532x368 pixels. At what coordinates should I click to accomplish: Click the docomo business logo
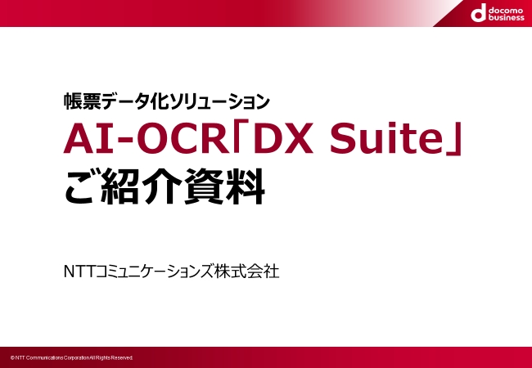pos(498,14)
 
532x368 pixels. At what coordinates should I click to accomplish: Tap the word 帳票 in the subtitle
pos(83,101)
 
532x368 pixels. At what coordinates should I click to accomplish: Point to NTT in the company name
pos(80,272)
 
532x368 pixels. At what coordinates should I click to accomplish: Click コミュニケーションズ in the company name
pos(155,272)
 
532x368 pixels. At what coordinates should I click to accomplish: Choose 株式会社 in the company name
pos(246,272)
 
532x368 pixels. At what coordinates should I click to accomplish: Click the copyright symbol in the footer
pos(12,358)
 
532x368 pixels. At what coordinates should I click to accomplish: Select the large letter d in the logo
pos(479,15)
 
